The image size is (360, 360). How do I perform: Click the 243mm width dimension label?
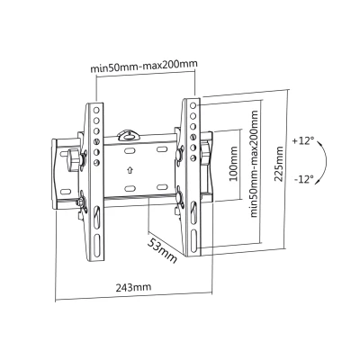point(133,287)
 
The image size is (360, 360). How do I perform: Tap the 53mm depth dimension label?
point(162,251)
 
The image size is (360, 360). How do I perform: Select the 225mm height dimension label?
point(279,164)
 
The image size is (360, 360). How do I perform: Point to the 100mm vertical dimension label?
point(233,164)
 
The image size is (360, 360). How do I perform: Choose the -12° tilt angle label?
point(304,179)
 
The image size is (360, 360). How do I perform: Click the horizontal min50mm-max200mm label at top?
point(144,67)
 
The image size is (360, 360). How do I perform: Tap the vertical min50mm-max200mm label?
point(254,164)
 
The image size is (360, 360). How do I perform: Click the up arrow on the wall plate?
point(130,170)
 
